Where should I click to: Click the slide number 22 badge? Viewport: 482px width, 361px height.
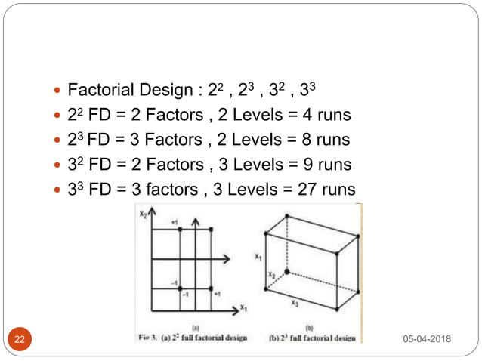(x=20, y=339)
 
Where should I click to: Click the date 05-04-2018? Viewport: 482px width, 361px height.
(x=427, y=338)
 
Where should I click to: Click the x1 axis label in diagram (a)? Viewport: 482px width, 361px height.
(x=243, y=308)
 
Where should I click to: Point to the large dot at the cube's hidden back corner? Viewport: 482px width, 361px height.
(x=286, y=271)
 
